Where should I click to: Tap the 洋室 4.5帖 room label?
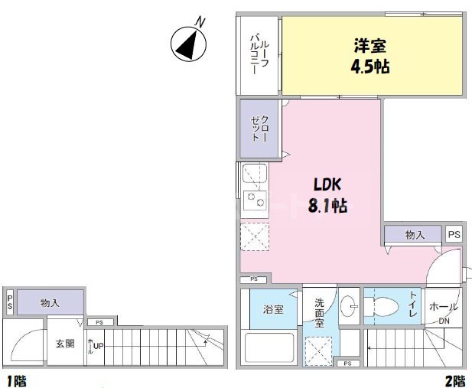pyautogui.click(x=370, y=56)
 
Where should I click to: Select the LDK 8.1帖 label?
pyautogui.click(x=330, y=195)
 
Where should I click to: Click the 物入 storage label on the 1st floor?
pyautogui.click(x=50, y=303)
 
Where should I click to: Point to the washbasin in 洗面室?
pyautogui.click(x=349, y=305)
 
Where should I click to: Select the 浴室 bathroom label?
pyautogui.click(x=274, y=310)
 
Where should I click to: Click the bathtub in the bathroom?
pyautogui.click(x=269, y=347)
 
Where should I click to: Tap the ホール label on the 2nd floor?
pyautogui.click(x=444, y=305)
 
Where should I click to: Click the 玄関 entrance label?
pyautogui.click(x=65, y=344)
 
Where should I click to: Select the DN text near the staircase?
pyautogui.click(x=444, y=321)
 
